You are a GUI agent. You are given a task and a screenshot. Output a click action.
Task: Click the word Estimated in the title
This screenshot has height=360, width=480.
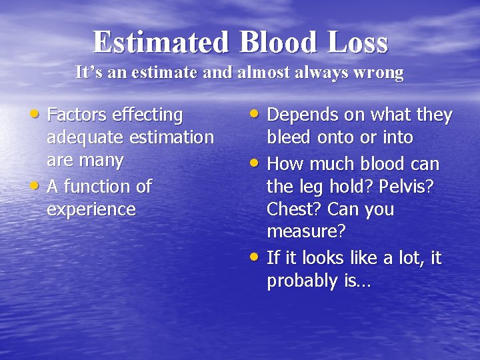tap(160, 42)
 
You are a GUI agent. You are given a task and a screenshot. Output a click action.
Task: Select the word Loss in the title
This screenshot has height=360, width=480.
tap(357, 42)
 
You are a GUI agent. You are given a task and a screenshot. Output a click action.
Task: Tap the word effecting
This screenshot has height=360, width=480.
tap(149, 115)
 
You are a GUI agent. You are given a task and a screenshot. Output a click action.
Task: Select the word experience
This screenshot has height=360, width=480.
tap(91, 209)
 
